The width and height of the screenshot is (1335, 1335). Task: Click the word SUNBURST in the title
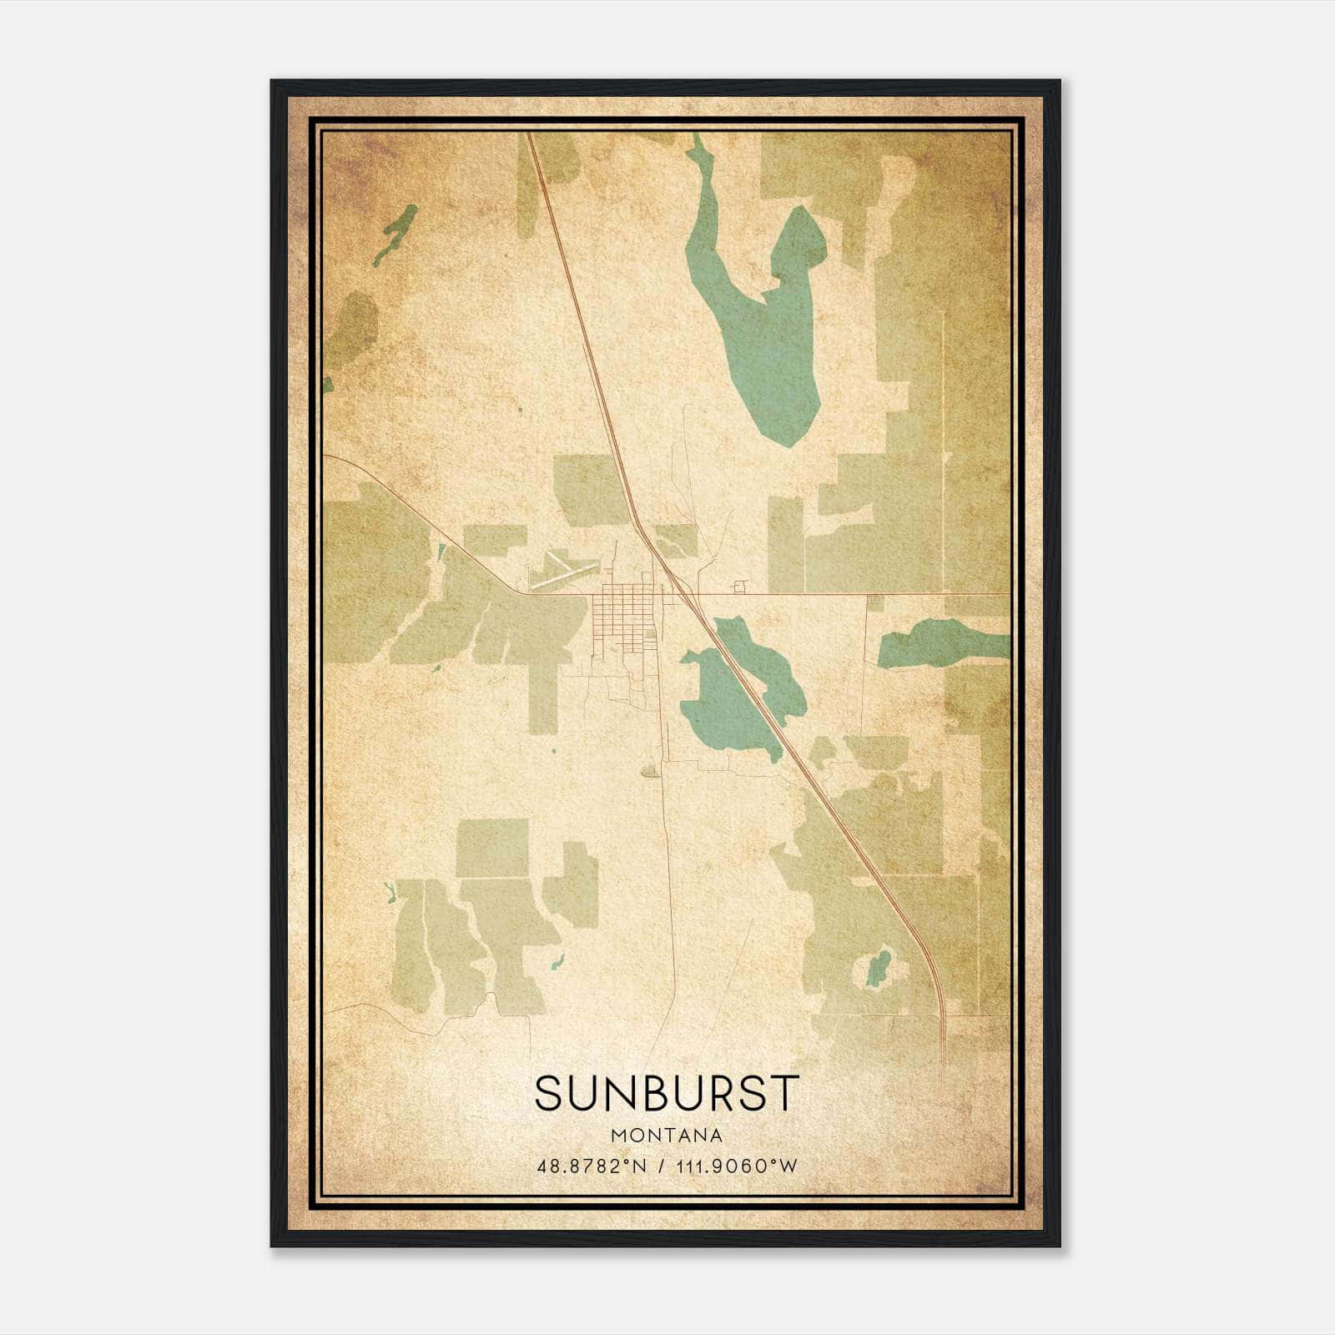click(667, 1093)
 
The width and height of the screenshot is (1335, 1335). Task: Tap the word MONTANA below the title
click(667, 1136)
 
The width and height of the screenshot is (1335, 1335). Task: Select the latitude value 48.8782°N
click(592, 1166)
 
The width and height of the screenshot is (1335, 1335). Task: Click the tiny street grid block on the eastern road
click(874, 600)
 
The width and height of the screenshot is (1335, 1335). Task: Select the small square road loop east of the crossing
click(739, 587)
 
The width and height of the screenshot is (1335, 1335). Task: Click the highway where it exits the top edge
click(529, 135)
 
